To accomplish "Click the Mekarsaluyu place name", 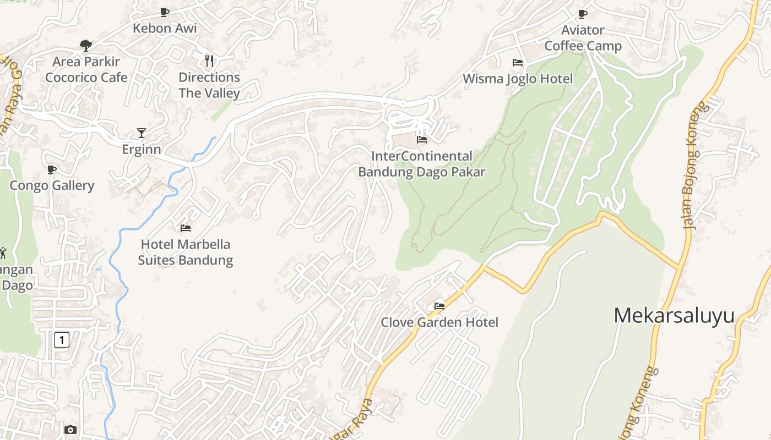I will coord(674,316).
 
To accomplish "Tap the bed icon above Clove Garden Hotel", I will coord(439,306).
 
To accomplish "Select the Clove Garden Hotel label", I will coord(439,322).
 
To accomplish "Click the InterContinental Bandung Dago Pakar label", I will coord(422,164).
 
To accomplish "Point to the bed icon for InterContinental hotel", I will coord(422,140).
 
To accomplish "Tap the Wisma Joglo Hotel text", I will coord(518,79).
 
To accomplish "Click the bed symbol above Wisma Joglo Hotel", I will coord(517,63).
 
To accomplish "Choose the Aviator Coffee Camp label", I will coord(583,38).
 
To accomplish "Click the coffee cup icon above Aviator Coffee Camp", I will coord(583,14).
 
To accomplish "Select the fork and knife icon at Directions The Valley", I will coord(209,61).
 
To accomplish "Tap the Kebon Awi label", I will coord(165,28).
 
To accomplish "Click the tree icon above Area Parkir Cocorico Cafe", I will coord(85,45).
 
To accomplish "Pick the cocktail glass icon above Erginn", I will coord(142,133).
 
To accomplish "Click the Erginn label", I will coord(142,149).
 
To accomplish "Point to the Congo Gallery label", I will coord(52,185).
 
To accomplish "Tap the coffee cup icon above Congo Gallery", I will coord(52,169).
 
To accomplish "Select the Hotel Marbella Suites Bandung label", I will coord(186,252).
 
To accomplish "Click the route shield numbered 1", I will coord(62,340).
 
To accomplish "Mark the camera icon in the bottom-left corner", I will coord(70,430).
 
